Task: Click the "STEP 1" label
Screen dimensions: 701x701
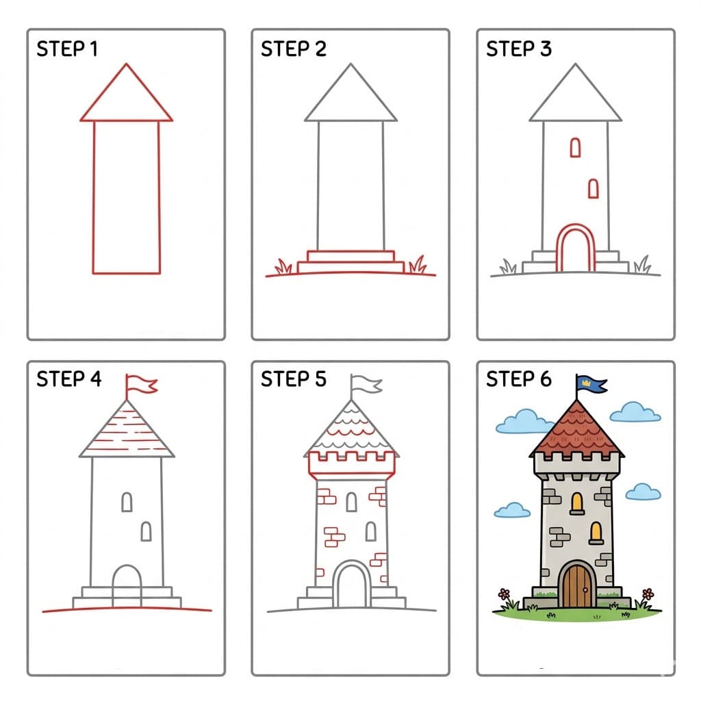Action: [66, 49]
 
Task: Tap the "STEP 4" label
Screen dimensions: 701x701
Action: [68, 379]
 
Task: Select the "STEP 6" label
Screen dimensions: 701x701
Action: [518, 379]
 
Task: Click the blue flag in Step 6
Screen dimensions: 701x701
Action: [593, 384]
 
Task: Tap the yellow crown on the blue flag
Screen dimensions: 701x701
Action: [587, 381]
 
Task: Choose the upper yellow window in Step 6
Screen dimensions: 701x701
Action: [577, 502]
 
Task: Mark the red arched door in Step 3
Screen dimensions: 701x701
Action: [576, 250]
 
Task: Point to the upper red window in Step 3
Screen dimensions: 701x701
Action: [575, 147]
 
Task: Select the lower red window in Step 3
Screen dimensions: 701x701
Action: [594, 188]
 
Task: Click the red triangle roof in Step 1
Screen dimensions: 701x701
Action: [126, 99]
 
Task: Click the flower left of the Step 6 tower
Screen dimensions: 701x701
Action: [505, 593]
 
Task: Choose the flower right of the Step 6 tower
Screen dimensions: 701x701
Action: [647, 593]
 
